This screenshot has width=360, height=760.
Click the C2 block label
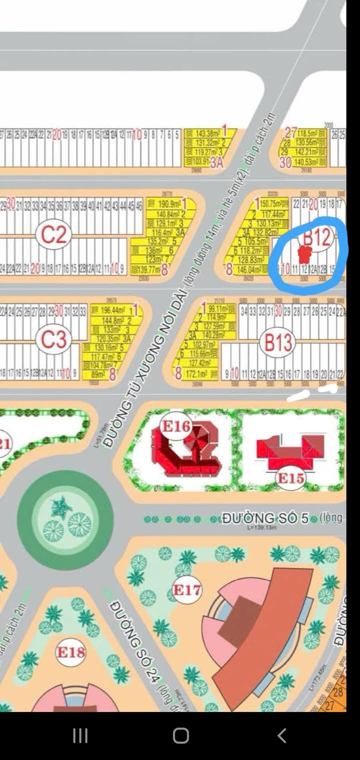pyautogui.click(x=53, y=234)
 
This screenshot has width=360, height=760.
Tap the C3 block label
pyautogui.click(x=54, y=339)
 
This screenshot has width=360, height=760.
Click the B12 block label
pyautogui.click(x=317, y=237)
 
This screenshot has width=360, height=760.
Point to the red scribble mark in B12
pyautogui.click(x=303, y=254)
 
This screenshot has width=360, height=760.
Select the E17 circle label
pyautogui.click(x=186, y=590)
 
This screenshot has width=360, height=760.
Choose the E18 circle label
pyautogui.click(x=70, y=652)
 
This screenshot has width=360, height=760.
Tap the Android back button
pyautogui.click(x=281, y=735)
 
